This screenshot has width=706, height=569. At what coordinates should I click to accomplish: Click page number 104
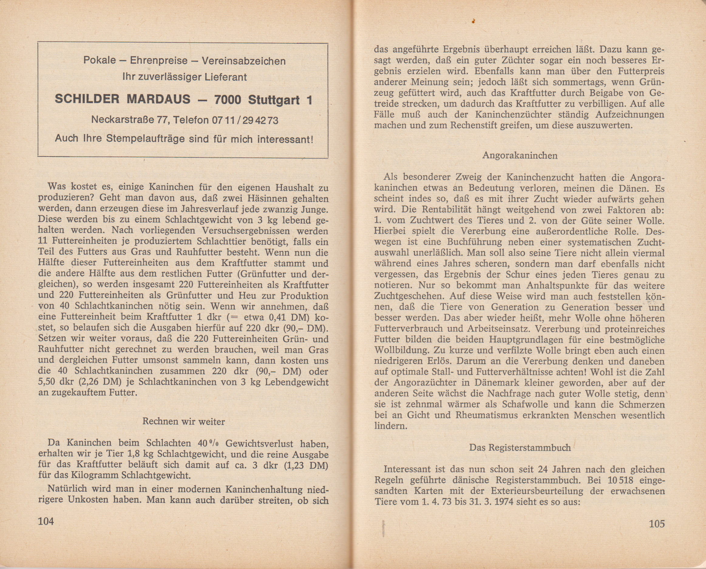pyautogui.click(x=46, y=521)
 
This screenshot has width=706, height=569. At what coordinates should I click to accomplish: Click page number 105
pyautogui.click(x=657, y=524)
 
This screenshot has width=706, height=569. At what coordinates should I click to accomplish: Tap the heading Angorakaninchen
pyautogui.click(x=520, y=155)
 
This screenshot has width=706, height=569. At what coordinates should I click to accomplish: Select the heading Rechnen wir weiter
pyautogui.click(x=184, y=421)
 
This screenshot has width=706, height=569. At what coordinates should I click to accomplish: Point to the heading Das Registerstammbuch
pyautogui.click(x=520, y=447)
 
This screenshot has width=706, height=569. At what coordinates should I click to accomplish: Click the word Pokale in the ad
pyautogui.click(x=99, y=61)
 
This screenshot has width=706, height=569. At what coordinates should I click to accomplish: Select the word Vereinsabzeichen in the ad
pyautogui.click(x=243, y=61)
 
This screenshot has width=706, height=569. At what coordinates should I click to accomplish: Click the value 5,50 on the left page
pyautogui.click(x=48, y=382)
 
